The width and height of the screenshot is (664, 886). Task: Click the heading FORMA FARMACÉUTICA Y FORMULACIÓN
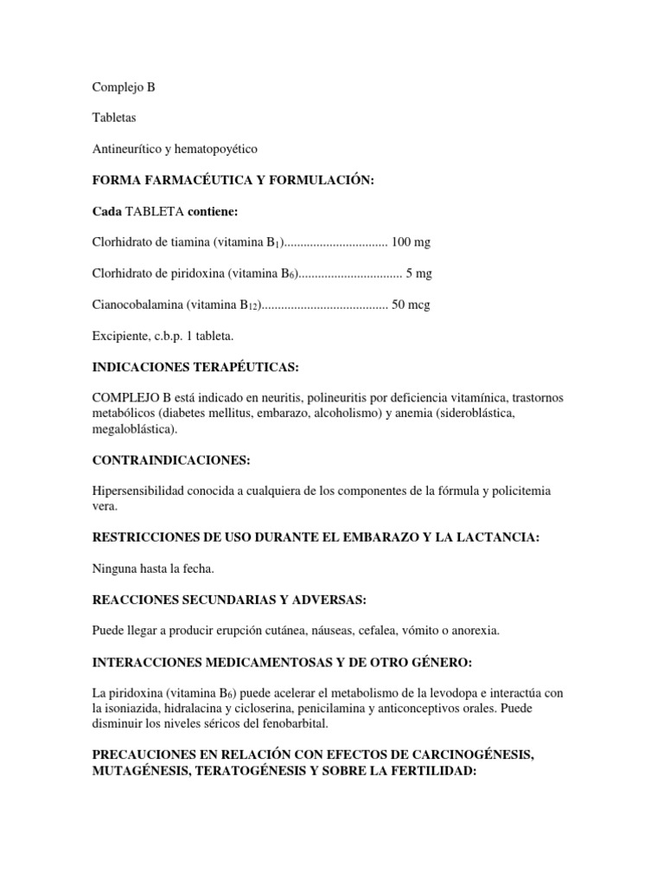coord(233,180)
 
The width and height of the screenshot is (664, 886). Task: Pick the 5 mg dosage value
coord(418,273)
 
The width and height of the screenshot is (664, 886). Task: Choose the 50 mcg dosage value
coord(411,305)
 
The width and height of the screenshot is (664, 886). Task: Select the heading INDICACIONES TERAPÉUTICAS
coord(195,367)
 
